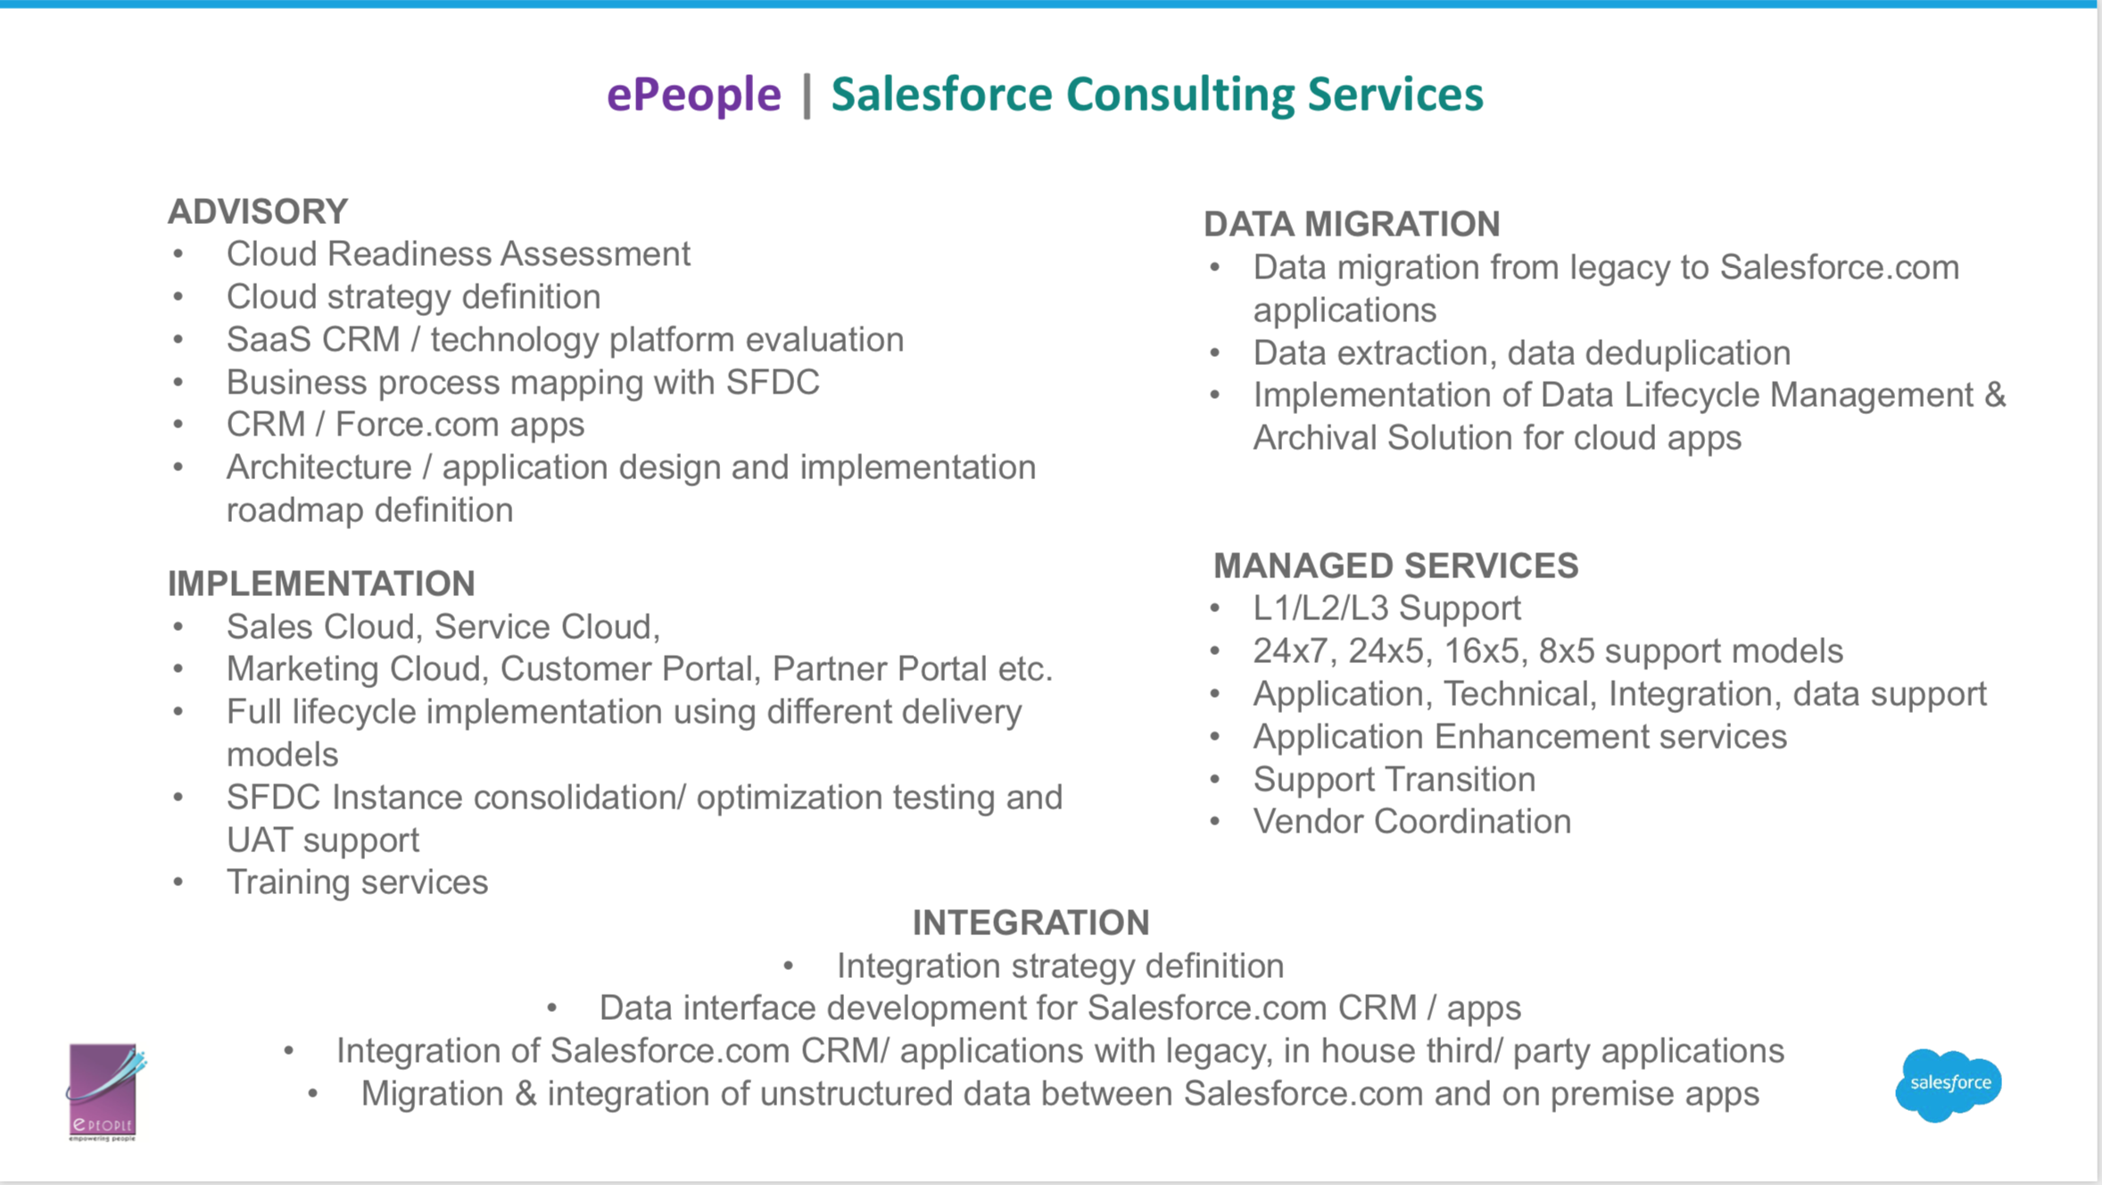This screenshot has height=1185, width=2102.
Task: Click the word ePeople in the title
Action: click(x=693, y=95)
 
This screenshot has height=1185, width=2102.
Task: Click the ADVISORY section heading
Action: click(x=258, y=211)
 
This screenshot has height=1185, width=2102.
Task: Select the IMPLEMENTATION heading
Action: click(x=321, y=584)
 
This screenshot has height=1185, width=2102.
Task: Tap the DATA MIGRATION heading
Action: click(x=1352, y=224)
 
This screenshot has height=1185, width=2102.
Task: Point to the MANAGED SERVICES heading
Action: click(x=1395, y=566)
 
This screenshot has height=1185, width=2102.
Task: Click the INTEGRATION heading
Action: click(x=1030, y=923)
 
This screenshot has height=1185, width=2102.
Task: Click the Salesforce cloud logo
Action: click(x=1949, y=1084)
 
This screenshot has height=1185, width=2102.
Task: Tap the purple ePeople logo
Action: click(x=104, y=1092)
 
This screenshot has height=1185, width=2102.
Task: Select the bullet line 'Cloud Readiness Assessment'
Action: click(x=458, y=254)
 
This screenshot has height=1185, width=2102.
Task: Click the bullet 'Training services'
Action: click(x=357, y=883)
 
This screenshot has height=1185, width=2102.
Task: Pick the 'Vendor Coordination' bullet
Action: click(x=1411, y=822)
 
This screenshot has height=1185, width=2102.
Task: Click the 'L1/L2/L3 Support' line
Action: click(x=1386, y=609)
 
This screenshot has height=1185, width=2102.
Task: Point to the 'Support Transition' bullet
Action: click(x=1394, y=780)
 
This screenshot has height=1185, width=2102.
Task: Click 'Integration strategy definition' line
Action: click(x=1060, y=966)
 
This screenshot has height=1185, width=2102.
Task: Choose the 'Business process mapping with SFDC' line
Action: click(x=523, y=383)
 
